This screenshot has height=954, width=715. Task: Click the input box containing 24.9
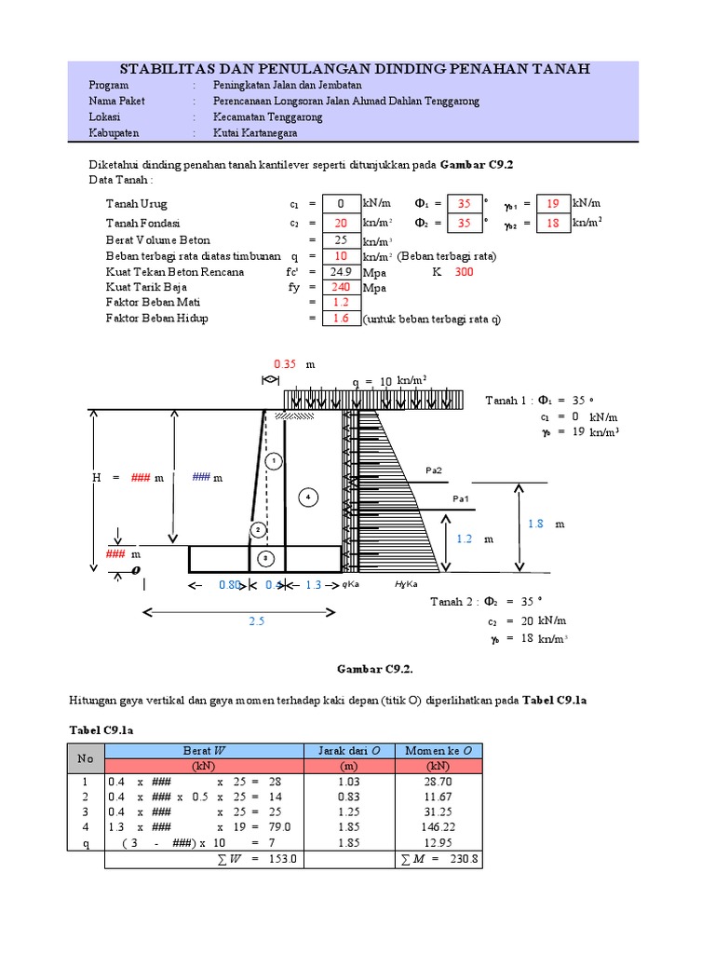click(x=341, y=272)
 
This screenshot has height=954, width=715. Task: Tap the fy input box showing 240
click(x=341, y=288)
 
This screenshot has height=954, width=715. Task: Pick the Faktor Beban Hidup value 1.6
click(x=341, y=319)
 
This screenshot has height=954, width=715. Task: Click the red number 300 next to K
click(x=464, y=272)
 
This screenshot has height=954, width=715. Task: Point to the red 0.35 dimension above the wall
click(x=285, y=364)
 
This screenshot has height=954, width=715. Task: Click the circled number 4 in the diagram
click(x=307, y=497)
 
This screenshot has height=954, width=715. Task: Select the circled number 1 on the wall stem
click(x=273, y=461)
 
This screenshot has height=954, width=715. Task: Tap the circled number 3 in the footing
click(x=265, y=558)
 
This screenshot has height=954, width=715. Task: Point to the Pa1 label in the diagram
click(x=461, y=499)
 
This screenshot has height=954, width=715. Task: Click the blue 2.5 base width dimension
click(x=257, y=620)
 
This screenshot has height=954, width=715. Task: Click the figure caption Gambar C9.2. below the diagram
click(x=373, y=668)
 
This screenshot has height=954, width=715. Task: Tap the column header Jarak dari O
click(x=349, y=750)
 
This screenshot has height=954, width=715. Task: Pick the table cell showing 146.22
click(x=438, y=826)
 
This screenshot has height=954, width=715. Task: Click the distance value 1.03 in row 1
click(x=349, y=782)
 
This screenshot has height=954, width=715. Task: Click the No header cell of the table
click(x=86, y=758)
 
